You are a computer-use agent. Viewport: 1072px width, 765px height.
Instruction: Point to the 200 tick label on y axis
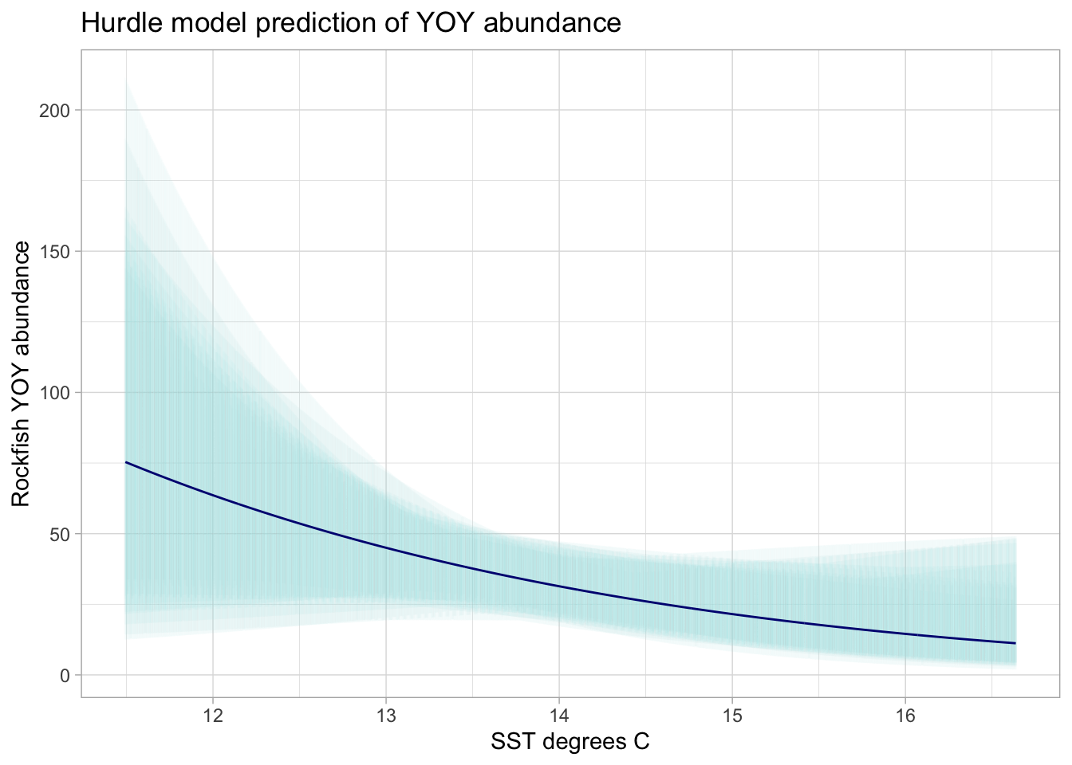pyautogui.click(x=54, y=110)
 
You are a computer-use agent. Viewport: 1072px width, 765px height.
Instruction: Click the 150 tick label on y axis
pyautogui.click(x=54, y=251)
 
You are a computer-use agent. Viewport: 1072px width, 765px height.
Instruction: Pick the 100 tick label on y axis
pyautogui.click(x=54, y=392)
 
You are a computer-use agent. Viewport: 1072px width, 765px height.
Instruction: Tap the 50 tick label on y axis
pyautogui.click(x=59, y=533)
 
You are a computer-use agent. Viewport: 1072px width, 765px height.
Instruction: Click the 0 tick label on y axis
pyautogui.click(x=65, y=675)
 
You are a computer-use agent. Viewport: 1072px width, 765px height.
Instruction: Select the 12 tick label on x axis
pyautogui.click(x=212, y=713)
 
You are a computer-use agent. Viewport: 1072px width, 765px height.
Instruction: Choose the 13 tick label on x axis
pyautogui.click(x=385, y=713)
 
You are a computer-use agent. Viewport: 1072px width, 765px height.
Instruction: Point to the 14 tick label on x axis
pyautogui.click(x=558, y=713)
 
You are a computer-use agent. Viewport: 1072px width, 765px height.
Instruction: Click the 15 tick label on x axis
pyautogui.click(x=732, y=713)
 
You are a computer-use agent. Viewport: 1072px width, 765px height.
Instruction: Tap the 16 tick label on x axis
pyautogui.click(x=905, y=713)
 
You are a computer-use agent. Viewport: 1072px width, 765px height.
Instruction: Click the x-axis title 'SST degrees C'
pyautogui.click(x=570, y=742)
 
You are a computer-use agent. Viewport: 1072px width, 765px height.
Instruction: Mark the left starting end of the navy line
pyautogui.click(x=126, y=462)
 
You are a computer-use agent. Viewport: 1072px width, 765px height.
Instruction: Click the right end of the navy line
pyautogui.click(x=1015, y=643)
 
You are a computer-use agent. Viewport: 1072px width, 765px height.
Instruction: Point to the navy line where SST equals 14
pyautogui.click(x=558, y=586)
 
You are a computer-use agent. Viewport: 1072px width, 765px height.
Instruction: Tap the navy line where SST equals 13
pyautogui.click(x=385, y=547)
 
